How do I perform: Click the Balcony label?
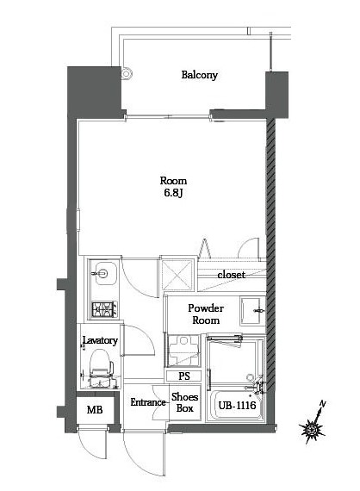click(x=199, y=75)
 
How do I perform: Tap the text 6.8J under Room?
click(x=173, y=194)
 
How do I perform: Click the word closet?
click(x=230, y=275)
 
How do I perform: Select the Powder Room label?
click(x=207, y=314)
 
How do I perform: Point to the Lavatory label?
click(x=99, y=341)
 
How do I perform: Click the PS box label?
click(x=184, y=376)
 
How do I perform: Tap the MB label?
click(x=95, y=410)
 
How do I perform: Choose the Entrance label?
click(x=147, y=402)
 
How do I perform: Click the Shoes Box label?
click(x=184, y=402)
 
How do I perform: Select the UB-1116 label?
click(x=234, y=405)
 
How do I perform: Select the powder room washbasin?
click(x=252, y=308)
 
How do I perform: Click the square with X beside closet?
click(x=178, y=277)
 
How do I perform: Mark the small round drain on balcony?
click(x=127, y=74)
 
